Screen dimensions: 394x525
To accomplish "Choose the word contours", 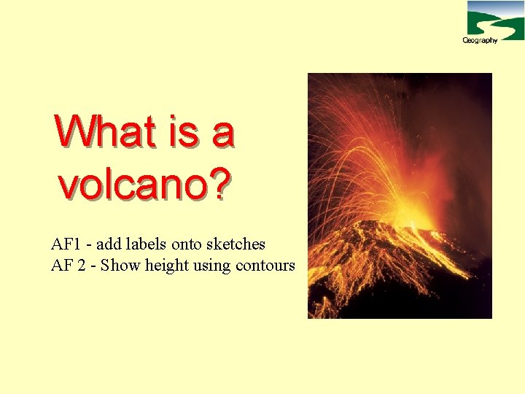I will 265,266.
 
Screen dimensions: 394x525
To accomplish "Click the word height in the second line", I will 167,266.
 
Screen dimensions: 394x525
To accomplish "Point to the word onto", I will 187,244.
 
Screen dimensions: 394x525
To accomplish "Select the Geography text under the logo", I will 480,40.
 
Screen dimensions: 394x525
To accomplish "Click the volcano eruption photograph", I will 400,196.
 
